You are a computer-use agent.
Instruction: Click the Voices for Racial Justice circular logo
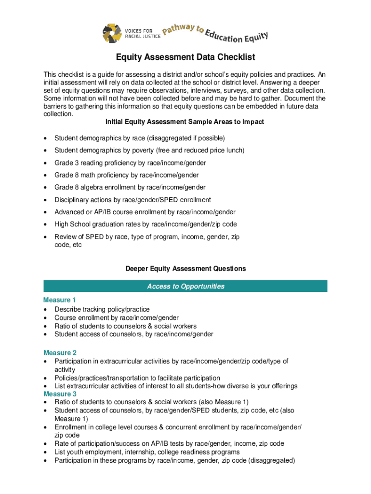(112, 33)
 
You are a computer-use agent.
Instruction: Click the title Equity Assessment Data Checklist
(185, 57)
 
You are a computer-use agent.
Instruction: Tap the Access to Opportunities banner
(185, 287)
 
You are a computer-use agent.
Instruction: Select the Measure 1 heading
(60, 300)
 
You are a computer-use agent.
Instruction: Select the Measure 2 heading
(60, 353)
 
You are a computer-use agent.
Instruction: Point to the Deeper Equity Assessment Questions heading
(185, 269)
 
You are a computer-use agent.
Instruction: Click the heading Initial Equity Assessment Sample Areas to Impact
(185, 122)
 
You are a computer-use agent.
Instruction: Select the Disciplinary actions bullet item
(132, 200)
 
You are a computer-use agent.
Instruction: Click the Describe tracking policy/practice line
(102, 309)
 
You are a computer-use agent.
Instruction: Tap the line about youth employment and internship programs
(147, 452)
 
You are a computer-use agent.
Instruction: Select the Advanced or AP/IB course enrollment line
(138, 212)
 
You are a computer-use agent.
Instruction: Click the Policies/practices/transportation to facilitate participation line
(137, 378)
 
